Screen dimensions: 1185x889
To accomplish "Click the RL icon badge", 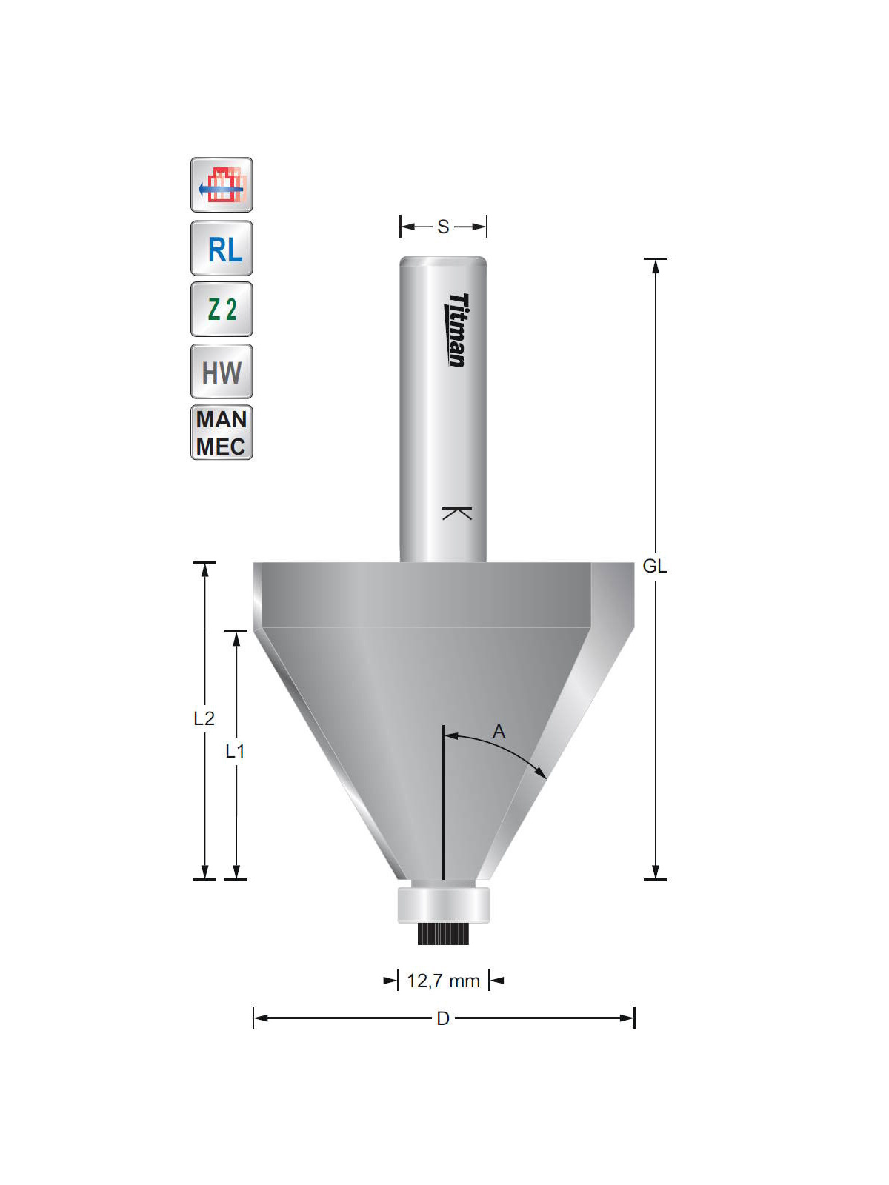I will coord(222,248).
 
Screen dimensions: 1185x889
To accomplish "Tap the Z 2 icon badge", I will coord(222,309).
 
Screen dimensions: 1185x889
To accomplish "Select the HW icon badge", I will coord(222,372).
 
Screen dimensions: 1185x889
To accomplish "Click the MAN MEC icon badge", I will coord(222,433).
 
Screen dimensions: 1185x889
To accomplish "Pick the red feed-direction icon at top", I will coord(222,185).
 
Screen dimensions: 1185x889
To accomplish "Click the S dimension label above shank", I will coord(443,227).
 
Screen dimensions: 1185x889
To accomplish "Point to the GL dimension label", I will coord(654,566).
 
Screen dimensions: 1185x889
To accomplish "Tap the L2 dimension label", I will coord(204,718).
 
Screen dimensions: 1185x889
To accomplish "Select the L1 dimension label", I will coord(235,751).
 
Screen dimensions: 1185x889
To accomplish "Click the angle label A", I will coord(499,732).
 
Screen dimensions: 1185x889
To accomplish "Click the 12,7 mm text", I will coord(443,981).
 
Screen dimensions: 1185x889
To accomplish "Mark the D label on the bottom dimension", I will coord(443,1018).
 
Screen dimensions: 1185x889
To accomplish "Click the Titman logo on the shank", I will coord(458,330).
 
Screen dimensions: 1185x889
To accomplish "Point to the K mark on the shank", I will coord(457,513).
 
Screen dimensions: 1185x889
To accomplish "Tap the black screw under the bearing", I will coord(443,934).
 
